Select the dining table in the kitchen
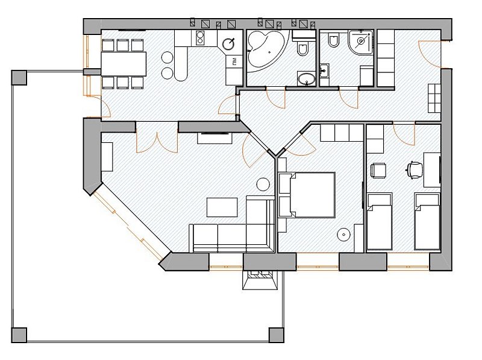124,64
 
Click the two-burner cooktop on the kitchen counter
200,38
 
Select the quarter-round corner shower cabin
360,42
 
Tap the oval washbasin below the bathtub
307,79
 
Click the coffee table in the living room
222,207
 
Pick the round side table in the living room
263,185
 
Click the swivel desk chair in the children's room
415,170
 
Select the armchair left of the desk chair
378,171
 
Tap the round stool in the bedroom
343,235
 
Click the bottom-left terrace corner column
19,335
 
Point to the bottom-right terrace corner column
276,335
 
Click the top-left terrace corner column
19,78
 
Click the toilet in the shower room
333,40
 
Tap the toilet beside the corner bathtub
303,47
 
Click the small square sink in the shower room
324,71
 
